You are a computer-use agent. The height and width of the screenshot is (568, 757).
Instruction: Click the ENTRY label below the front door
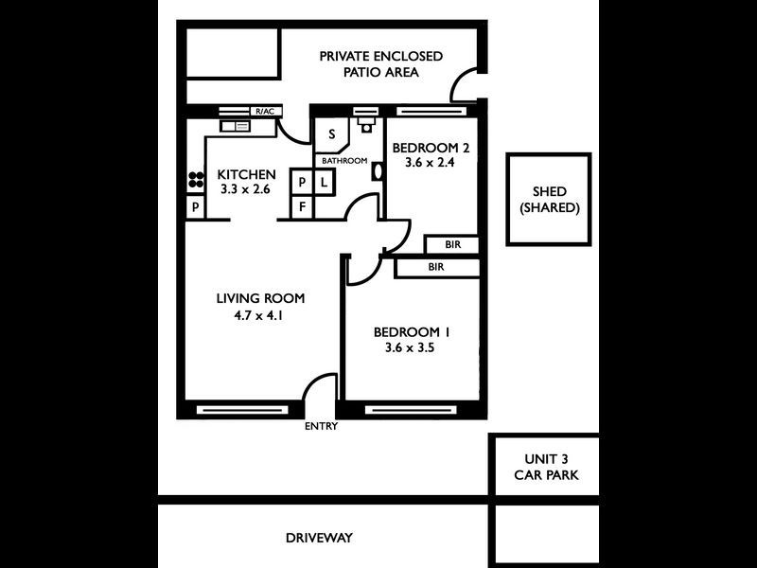pos(321,426)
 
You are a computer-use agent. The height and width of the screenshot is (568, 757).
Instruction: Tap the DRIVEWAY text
pos(319,538)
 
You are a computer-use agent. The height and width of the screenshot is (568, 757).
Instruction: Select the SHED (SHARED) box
pos(549,200)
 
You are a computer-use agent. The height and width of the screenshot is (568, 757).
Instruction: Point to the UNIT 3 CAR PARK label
pos(544,466)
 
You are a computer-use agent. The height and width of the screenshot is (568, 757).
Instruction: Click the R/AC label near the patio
pos(264,112)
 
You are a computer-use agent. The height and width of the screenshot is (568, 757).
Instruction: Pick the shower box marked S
pos(332,134)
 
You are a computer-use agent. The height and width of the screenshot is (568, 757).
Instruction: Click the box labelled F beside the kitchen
pos(302,204)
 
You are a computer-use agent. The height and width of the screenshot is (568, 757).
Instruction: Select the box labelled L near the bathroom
pos(323,182)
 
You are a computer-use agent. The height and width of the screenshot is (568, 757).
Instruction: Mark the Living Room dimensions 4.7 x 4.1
pos(259,315)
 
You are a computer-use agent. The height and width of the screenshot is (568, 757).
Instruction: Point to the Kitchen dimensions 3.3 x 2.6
pos(246,189)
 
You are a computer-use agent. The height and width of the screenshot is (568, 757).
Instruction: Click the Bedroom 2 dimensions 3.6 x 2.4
pos(431,163)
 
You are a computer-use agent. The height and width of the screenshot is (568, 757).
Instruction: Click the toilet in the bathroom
pos(366,123)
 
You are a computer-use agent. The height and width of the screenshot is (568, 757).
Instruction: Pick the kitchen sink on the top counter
pos(235,125)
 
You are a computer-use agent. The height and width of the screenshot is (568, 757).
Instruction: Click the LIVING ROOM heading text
pos(260,299)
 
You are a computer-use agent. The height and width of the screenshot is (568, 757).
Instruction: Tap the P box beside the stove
pos(195,207)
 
